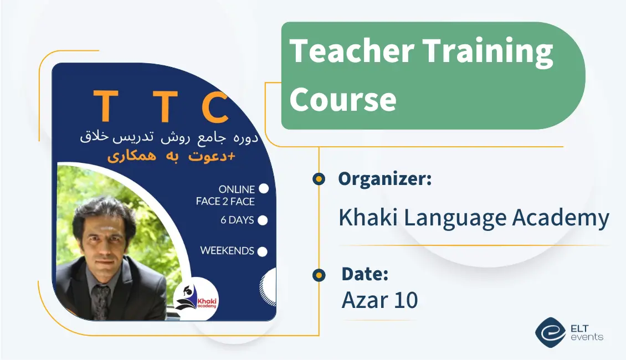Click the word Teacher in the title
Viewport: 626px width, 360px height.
tap(351, 52)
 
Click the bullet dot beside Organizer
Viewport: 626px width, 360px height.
tap(319, 179)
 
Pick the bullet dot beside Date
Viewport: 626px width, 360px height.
tap(319, 275)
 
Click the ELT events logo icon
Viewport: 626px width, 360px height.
tap(550, 331)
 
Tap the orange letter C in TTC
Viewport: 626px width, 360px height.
tap(214, 108)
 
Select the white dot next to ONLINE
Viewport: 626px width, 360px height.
tap(264, 189)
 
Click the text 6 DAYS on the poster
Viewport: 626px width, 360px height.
tap(237, 220)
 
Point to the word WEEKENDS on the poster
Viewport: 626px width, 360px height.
tap(227, 250)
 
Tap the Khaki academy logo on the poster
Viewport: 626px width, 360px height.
tap(197, 299)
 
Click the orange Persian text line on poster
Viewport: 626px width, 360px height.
tap(171, 156)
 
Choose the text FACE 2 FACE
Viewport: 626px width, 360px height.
tap(225, 202)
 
